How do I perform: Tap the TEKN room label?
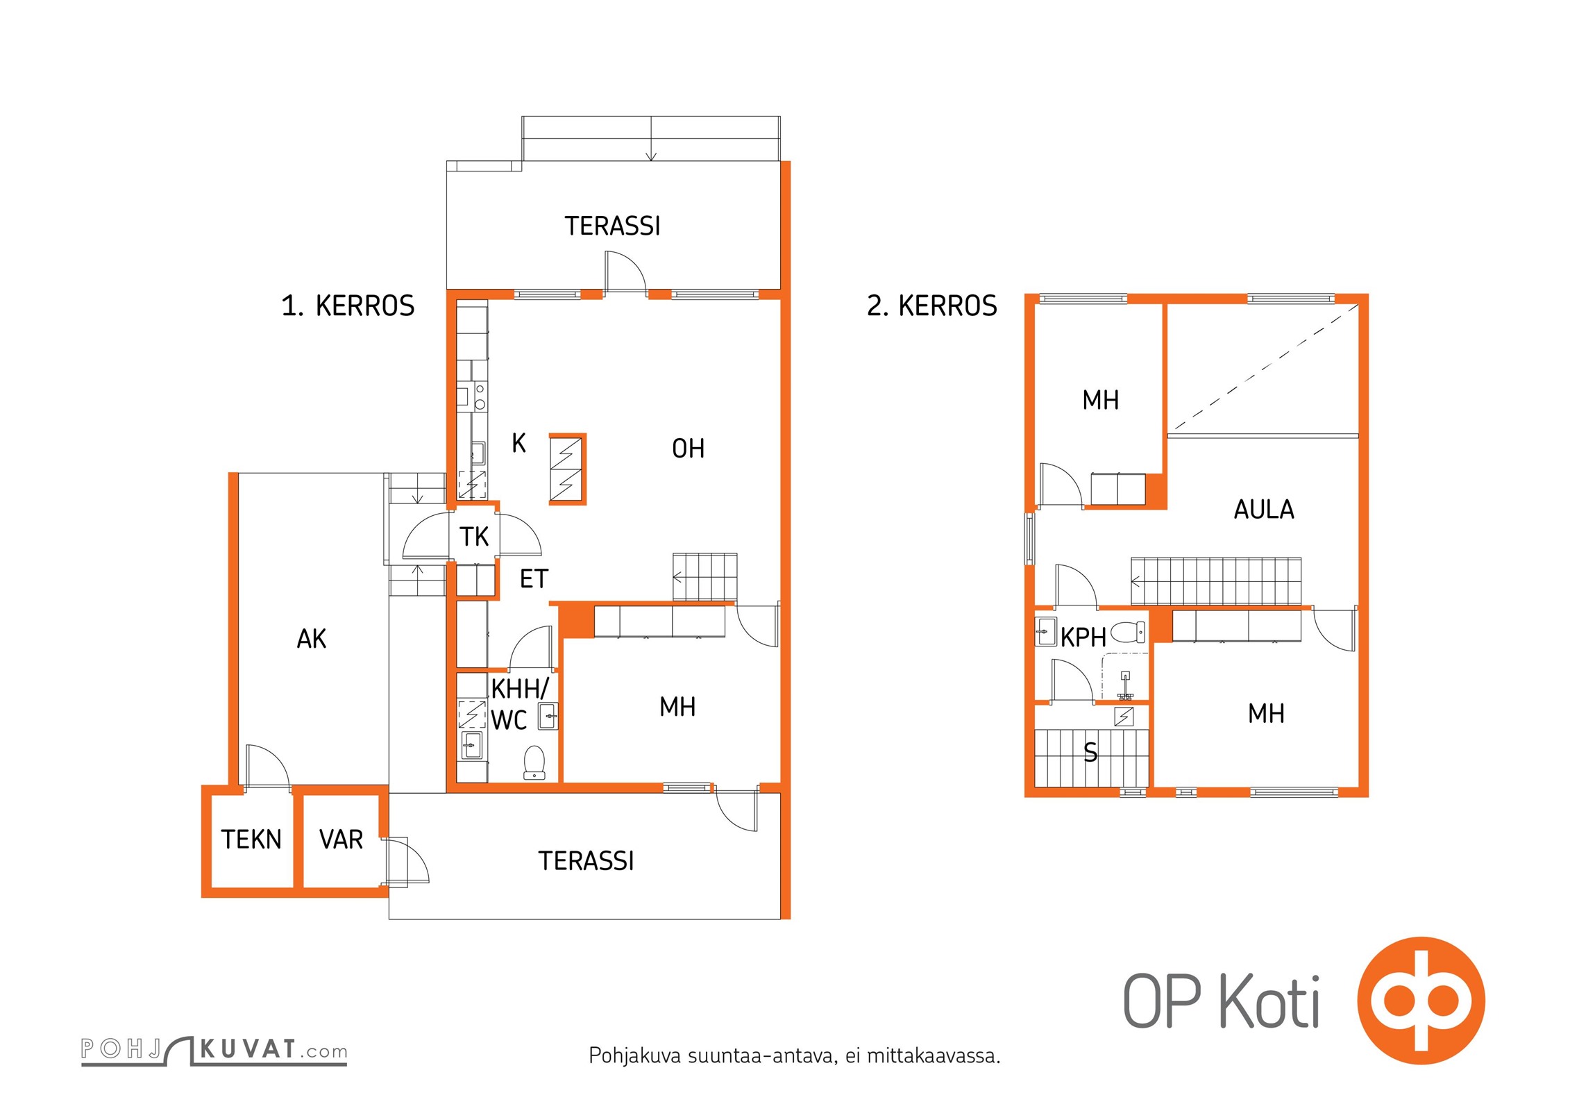(x=251, y=839)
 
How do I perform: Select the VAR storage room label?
(x=341, y=839)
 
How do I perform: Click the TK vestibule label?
(x=474, y=537)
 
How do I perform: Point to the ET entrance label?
(x=534, y=578)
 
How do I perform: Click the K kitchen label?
(x=518, y=443)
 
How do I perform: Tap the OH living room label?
(x=688, y=449)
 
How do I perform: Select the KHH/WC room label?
(x=519, y=704)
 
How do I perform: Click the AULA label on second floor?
(x=1263, y=510)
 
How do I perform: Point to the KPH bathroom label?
(x=1083, y=637)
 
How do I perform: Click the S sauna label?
(x=1090, y=752)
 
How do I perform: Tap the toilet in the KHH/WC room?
(x=534, y=762)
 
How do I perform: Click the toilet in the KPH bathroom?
(x=1128, y=632)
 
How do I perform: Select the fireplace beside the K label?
(x=568, y=469)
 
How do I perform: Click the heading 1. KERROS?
(x=348, y=306)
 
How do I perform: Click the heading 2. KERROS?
(x=931, y=306)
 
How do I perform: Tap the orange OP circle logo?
(x=1421, y=1001)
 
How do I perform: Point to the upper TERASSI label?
(x=612, y=226)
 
